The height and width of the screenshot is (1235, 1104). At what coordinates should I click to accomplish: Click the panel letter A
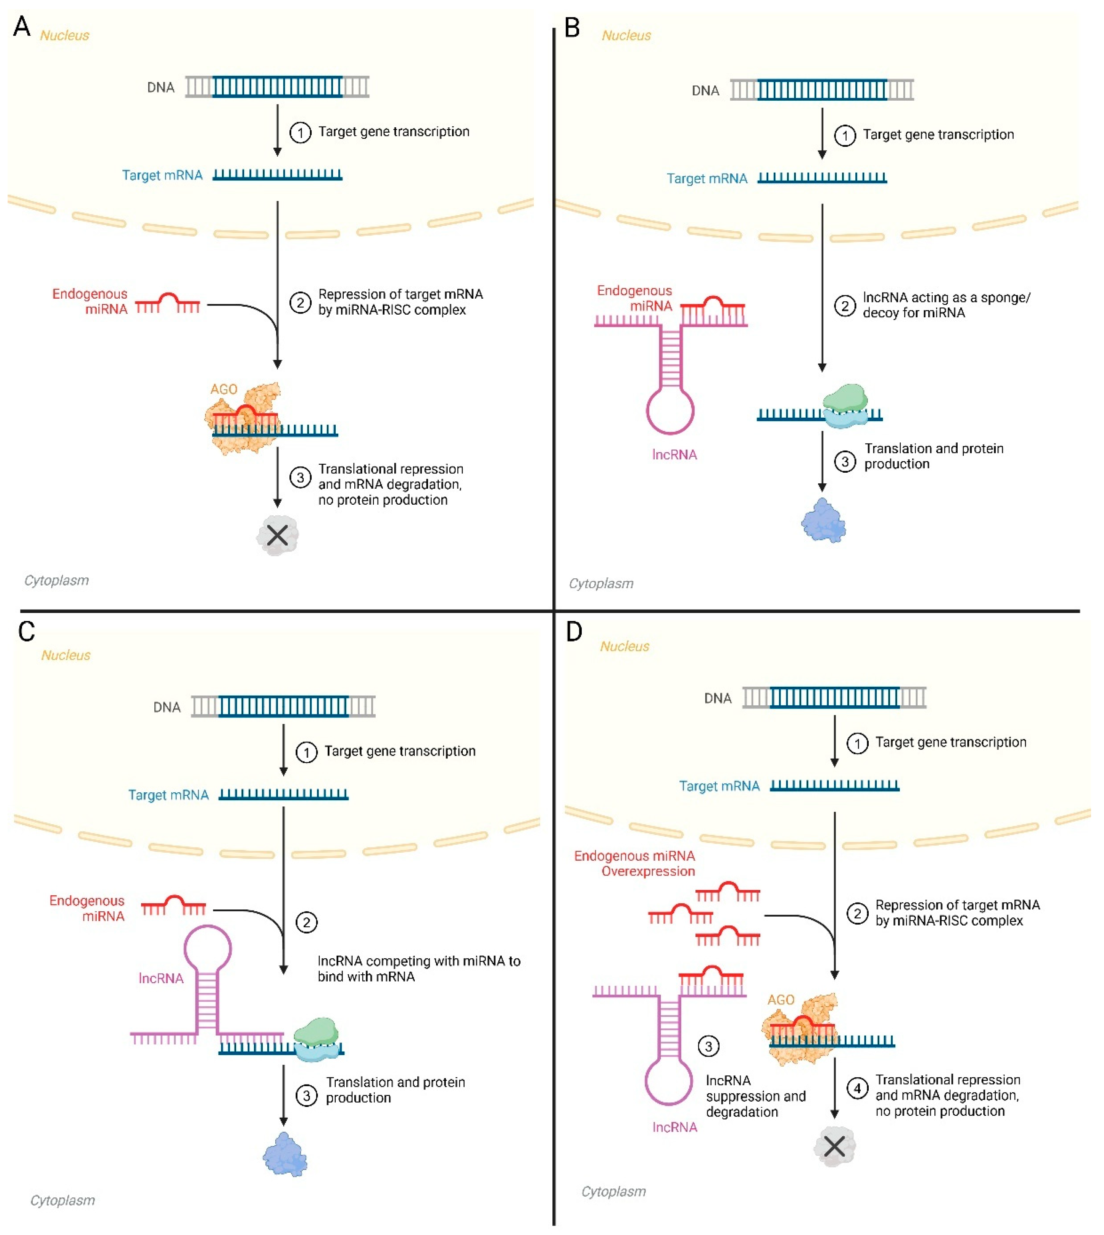[x=22, y=27]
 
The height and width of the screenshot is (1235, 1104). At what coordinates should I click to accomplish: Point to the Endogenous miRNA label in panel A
[x=90, y=301]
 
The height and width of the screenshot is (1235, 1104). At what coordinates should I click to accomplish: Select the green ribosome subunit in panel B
[x=845, y=398]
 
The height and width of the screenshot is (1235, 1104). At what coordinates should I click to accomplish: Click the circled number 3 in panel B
[x=844, y=461]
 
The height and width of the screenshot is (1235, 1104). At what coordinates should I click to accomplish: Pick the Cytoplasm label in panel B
[x=601, y=583]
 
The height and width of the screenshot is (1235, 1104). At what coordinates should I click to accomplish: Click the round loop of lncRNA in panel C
[x=208, y=948]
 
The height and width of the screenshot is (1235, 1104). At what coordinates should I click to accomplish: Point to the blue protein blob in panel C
[x=285, y=1154]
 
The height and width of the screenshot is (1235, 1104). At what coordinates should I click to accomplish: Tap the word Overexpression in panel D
[x=648, y=871]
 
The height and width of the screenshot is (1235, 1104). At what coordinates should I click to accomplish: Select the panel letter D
[x=573, y=631]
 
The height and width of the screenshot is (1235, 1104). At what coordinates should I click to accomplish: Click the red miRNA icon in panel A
[x=167, y=303]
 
